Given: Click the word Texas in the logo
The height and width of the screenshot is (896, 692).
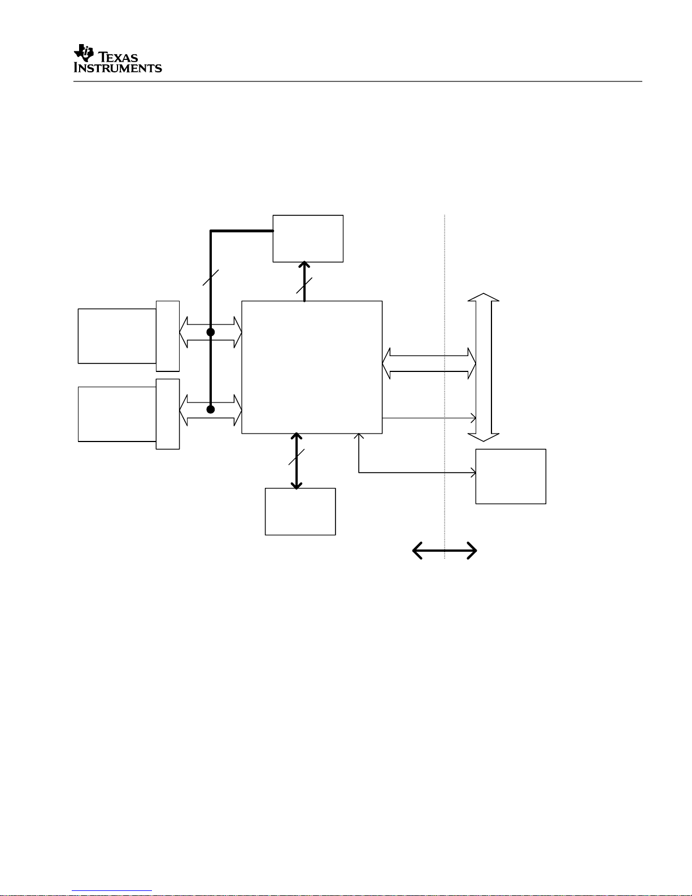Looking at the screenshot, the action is pos(119,57).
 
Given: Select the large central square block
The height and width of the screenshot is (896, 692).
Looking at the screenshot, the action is pos(312,367).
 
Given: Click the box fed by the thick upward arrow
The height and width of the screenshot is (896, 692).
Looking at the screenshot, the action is pos(308,239).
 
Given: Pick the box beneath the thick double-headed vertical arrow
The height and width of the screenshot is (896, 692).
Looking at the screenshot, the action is pos(300,511).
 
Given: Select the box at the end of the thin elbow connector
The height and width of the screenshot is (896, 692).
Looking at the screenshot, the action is pos(511,476).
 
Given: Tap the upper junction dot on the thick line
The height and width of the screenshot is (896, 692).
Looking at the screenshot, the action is pos(211,332).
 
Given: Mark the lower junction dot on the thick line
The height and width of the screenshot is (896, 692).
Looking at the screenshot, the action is pos(211,409).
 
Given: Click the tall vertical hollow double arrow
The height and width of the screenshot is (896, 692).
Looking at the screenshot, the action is pos(484,367).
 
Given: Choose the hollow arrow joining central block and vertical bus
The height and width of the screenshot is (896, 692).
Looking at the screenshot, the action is pos(429,363).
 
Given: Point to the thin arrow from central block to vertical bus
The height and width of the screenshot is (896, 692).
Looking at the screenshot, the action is pos(429,418).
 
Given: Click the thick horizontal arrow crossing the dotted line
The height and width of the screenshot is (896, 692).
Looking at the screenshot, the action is pos(445,550).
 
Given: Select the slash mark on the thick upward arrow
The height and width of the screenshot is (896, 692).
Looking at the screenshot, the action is pos(304,285).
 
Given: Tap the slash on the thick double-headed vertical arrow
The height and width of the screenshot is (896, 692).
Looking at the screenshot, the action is pos(297,457).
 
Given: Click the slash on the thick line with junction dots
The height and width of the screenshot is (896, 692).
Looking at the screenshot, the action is pos(211,277).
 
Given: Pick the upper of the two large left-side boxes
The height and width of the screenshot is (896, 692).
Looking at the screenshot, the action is pos(117,336).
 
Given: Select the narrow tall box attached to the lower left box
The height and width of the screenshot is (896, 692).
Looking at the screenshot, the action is pos(168,414).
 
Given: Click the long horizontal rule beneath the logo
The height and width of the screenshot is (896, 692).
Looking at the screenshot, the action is pos(357,81).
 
